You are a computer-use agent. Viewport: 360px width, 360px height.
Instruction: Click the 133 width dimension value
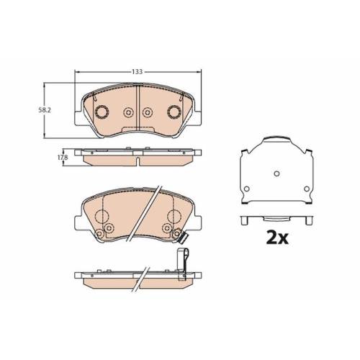click(x=137, y=71)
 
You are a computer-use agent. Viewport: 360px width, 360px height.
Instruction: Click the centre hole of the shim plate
click(x=277, y=174)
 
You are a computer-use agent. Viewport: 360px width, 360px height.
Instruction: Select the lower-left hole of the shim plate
click(x=246, y=189)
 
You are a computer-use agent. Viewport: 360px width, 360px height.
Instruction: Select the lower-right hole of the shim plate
click(x=307, y=189)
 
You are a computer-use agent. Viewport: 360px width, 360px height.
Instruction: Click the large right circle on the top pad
click(x=174, y=112)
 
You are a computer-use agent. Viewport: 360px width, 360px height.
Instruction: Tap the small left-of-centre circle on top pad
click(x=129, y=112)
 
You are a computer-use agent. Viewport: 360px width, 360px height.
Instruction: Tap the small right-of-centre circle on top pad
click(x=147, y=112)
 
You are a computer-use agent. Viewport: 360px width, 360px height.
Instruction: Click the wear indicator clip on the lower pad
click(x=183, y=240)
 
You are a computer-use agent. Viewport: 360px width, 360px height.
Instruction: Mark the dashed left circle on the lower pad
click(x=102, y=218)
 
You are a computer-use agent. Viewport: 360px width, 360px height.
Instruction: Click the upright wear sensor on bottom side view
click(x=182, y=260)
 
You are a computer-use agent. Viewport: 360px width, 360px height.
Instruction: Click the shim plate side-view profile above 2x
click(x=277, y=218)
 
